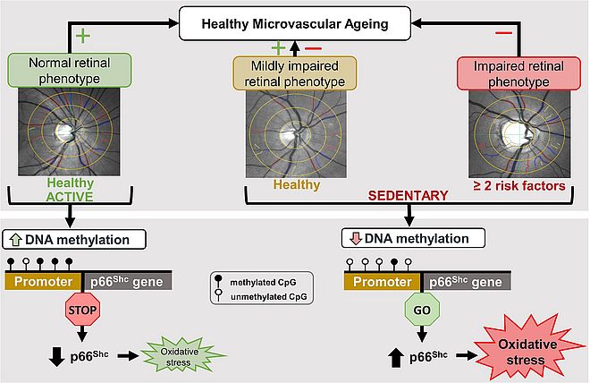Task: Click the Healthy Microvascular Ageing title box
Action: [295, 24]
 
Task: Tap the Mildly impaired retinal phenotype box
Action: [295, 73]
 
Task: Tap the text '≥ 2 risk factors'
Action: [518, 186]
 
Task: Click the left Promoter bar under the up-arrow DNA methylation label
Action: [43, 280]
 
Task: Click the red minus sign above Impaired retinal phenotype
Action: [505, 33]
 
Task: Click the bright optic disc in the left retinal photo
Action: [62, 131]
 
